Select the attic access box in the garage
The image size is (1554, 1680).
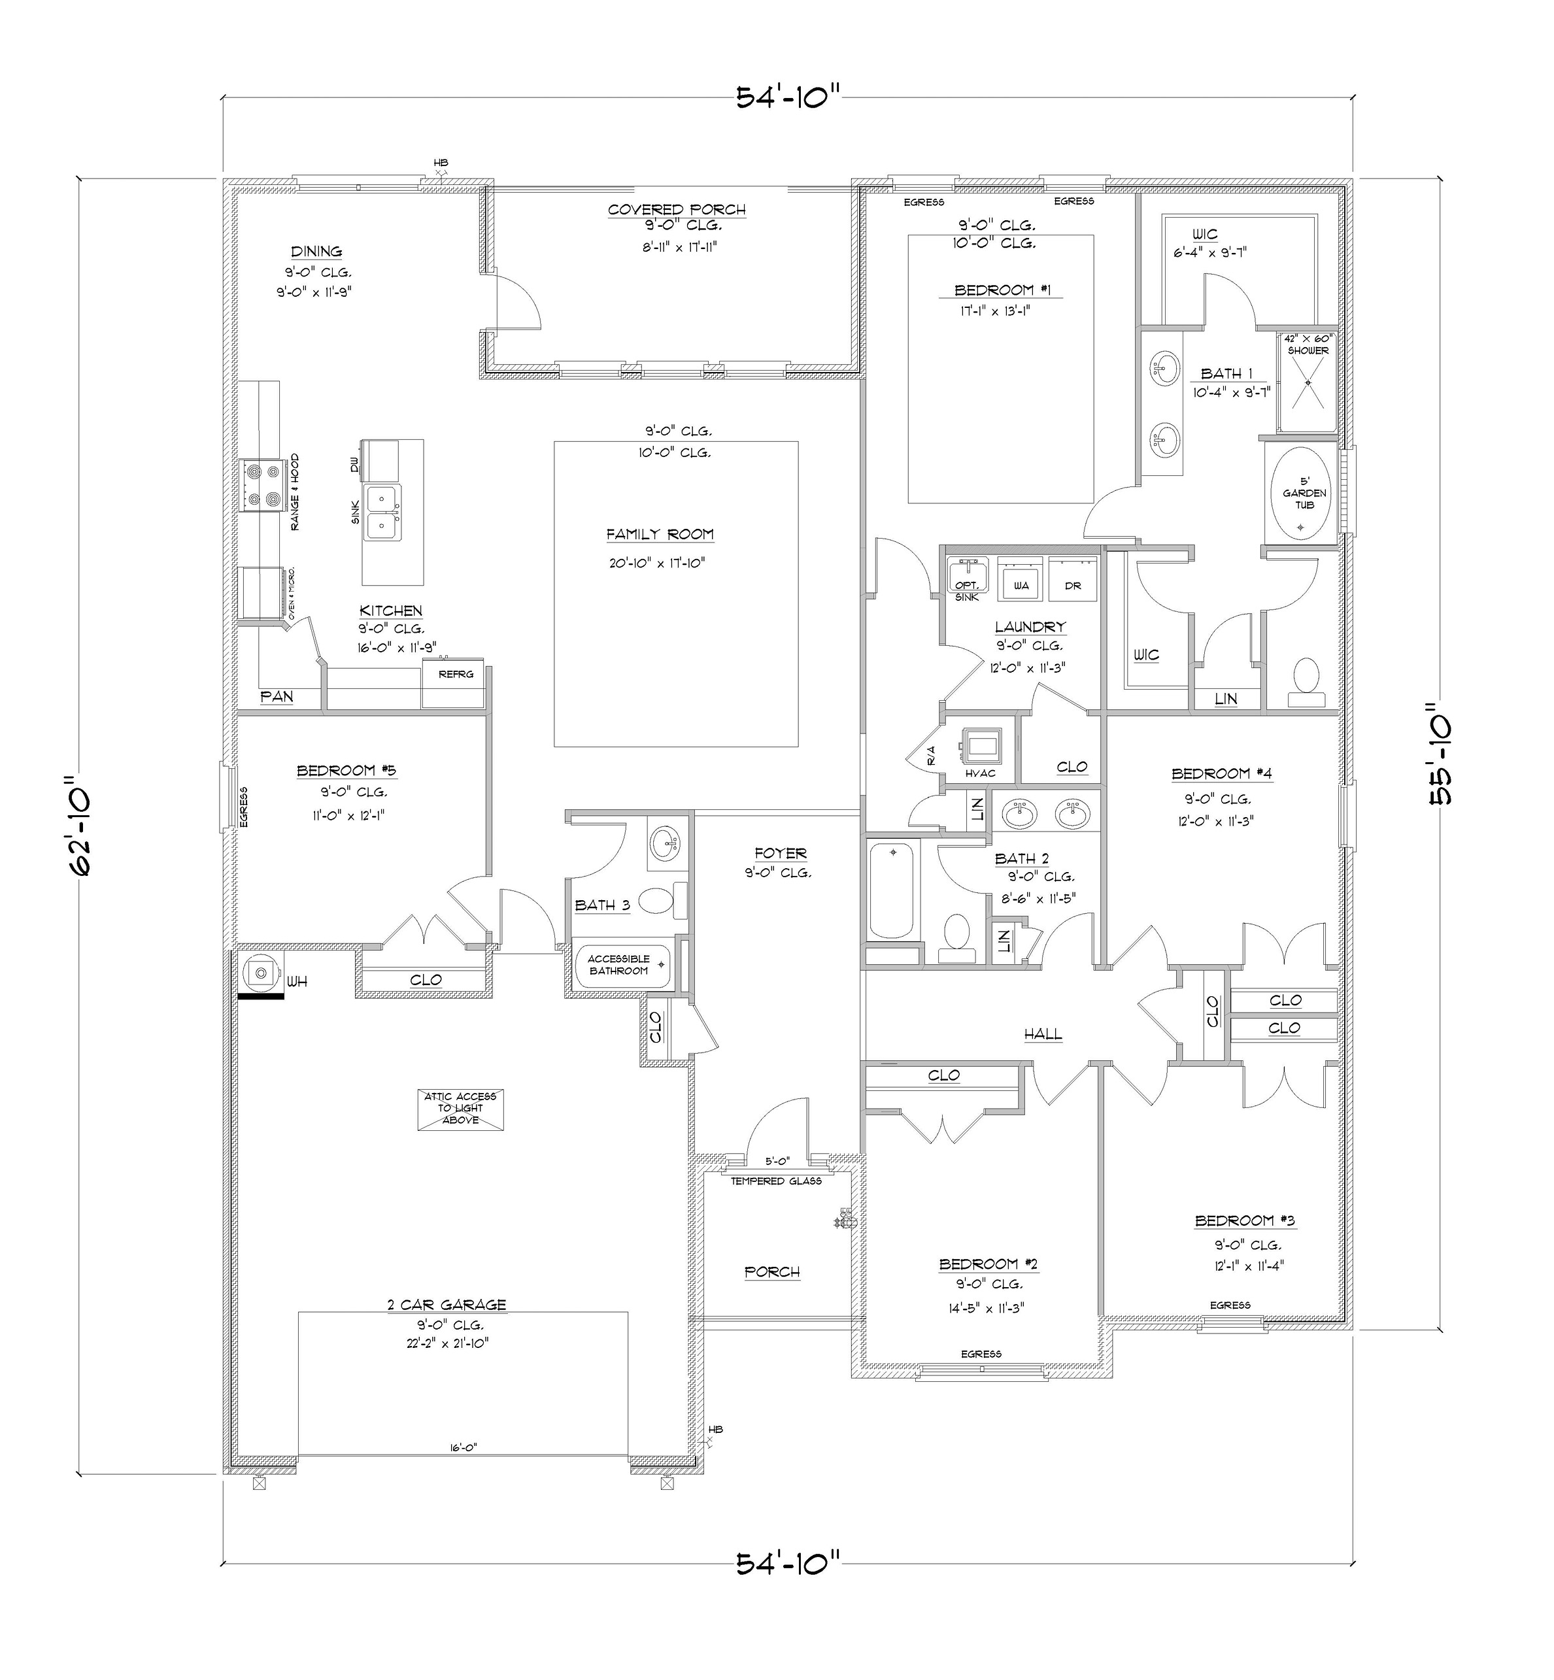(460, 1109)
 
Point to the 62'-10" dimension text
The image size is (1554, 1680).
(82, 826)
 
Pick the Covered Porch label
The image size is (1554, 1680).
(676, 209)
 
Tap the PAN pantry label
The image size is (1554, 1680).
(276, 696)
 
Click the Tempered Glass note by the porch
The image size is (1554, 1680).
(775, 1181)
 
